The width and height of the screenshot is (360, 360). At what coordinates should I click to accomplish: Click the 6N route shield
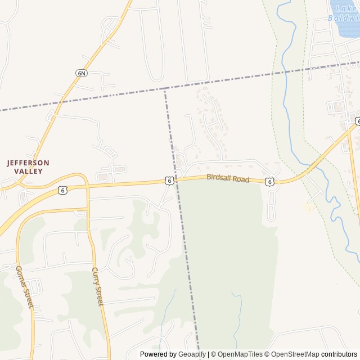82,73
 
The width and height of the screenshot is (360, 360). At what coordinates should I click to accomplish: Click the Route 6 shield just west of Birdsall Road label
169,180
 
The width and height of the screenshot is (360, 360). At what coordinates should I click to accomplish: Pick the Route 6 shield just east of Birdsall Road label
271,181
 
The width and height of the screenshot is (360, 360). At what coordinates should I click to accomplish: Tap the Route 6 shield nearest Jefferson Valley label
62,191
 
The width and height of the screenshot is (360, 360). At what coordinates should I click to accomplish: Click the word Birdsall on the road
218,177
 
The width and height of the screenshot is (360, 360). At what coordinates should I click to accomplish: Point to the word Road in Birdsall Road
240,179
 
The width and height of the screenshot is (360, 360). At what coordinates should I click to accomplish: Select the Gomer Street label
24,287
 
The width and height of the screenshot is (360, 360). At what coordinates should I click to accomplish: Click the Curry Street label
97,286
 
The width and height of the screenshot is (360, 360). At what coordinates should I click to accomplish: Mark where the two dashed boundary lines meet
165,89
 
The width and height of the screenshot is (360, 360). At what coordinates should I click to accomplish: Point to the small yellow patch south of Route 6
308,207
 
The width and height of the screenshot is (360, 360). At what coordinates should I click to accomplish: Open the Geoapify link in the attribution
192,354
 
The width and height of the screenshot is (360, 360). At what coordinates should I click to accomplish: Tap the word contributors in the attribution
339,354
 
